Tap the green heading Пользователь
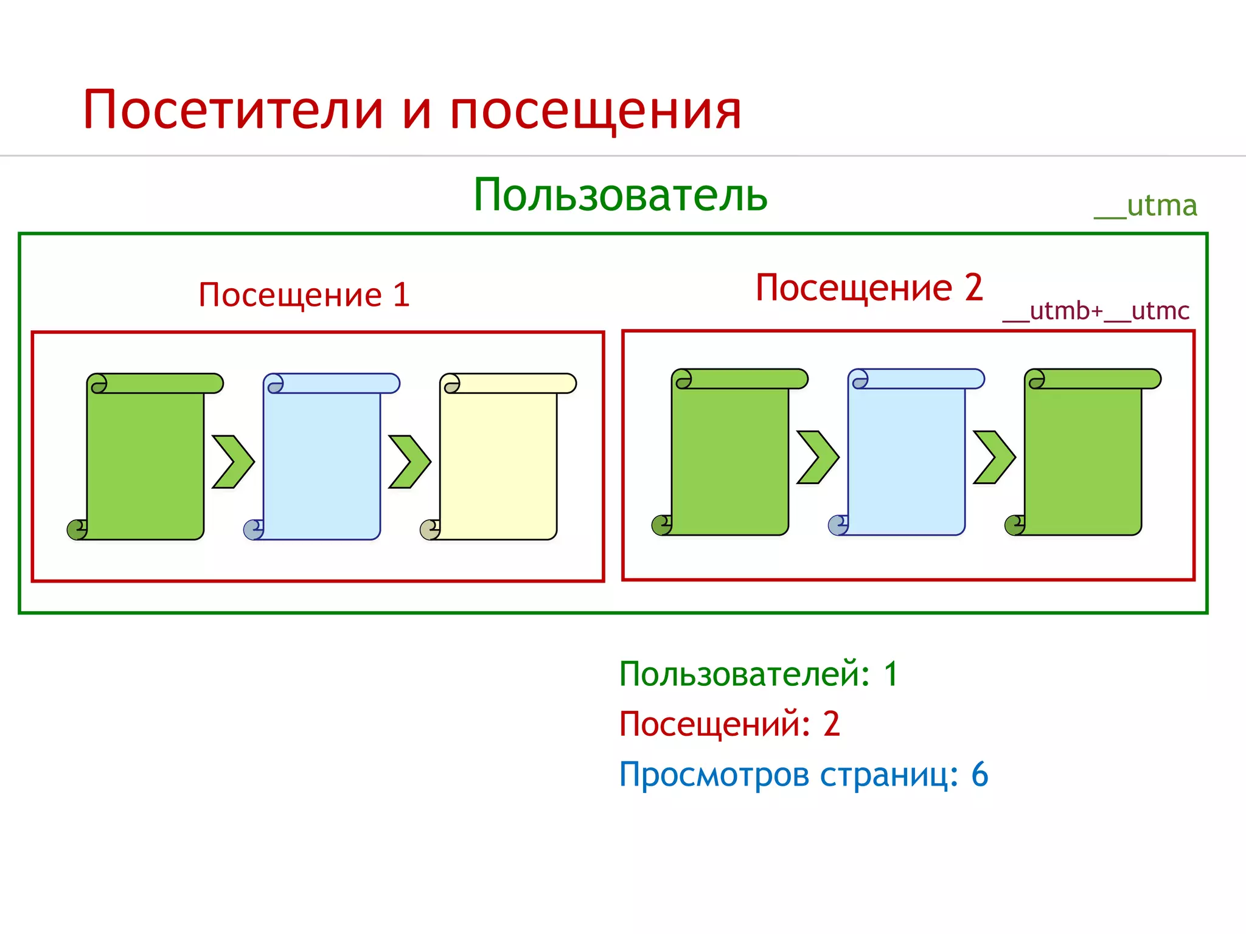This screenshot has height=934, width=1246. tap(620, 195)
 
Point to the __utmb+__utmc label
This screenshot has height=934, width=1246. tap(1095, 311)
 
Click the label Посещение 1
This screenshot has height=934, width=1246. tap(304, 296)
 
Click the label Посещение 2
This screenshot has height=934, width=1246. tap(869, 288)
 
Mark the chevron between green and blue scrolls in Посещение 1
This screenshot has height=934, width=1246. tap(232, 462)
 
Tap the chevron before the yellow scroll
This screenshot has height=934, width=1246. tap(409, 462)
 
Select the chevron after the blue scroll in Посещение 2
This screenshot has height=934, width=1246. tap(994, 457)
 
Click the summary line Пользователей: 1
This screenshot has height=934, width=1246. tap(758, 674)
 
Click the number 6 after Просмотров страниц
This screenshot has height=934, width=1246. tap(980, 775)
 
